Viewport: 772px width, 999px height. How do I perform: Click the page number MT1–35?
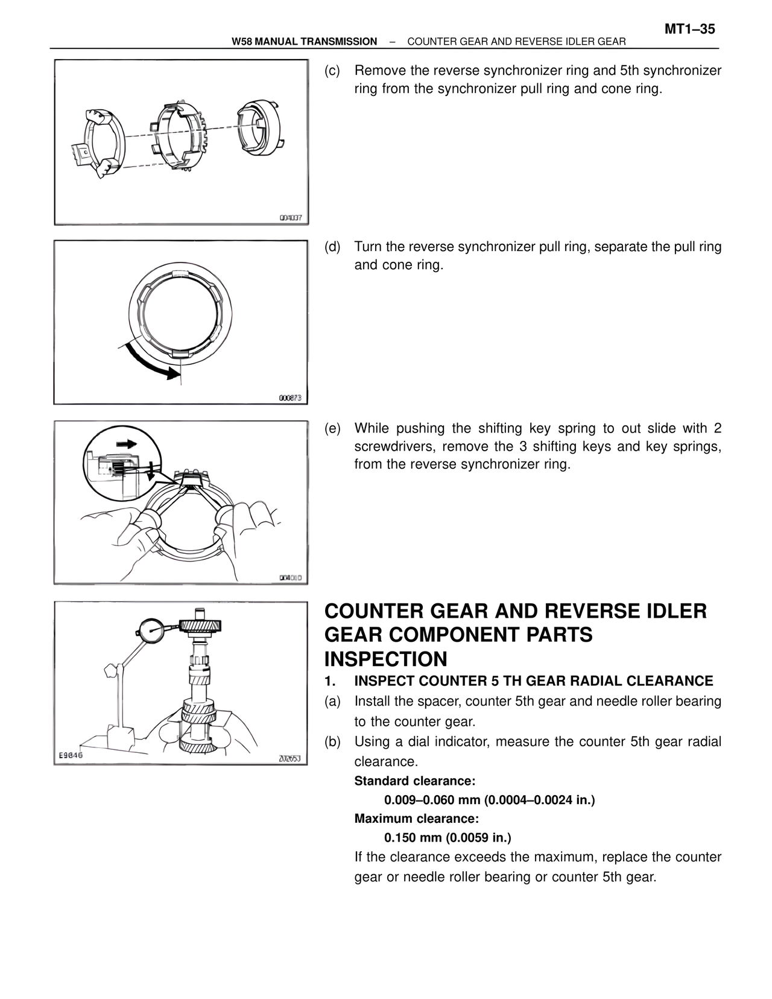(690, 29)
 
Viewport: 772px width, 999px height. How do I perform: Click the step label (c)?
(332, 71)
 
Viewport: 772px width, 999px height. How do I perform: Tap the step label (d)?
(332, 247)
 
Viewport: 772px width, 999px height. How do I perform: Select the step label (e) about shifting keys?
(332, 428)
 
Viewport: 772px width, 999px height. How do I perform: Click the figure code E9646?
(71, 755)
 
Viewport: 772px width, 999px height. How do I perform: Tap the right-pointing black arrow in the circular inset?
(127, 443)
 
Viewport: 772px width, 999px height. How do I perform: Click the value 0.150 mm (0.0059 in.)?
(448, 838)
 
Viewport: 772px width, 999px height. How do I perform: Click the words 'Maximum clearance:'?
(416, 819)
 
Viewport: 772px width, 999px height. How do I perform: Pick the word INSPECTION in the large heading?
(385, 659)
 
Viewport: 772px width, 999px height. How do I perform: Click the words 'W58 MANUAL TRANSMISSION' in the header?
(304, 42)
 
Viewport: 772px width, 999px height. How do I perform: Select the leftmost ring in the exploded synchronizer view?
(98, 142)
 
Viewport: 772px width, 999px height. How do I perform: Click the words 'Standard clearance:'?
(414, 781)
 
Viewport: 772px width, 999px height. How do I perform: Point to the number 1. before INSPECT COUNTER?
(329, 681)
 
